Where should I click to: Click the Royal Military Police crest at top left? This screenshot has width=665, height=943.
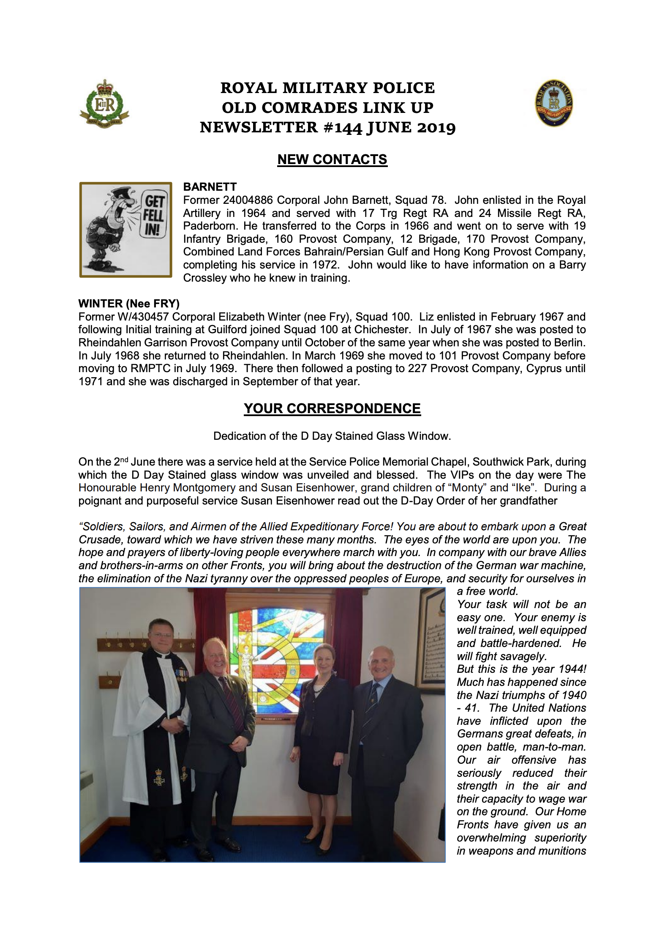click(x=104, y=104)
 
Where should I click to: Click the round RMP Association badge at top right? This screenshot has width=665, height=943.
click(x=554, y=103)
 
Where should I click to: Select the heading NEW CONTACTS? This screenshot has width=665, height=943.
click(x=332, y=159)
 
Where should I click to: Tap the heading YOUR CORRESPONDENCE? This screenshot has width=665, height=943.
click(x=332, y=408)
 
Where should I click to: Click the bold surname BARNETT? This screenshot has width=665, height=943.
click(x=210, y=187)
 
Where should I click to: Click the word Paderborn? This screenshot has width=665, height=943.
click(x=209, y=226)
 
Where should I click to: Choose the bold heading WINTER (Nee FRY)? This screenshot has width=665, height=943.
click(x=129, y=304)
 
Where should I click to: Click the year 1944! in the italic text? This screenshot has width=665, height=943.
click(x=572, y=669)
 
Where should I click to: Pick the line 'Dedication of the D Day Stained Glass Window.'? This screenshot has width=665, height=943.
click(x=332, y=436)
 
